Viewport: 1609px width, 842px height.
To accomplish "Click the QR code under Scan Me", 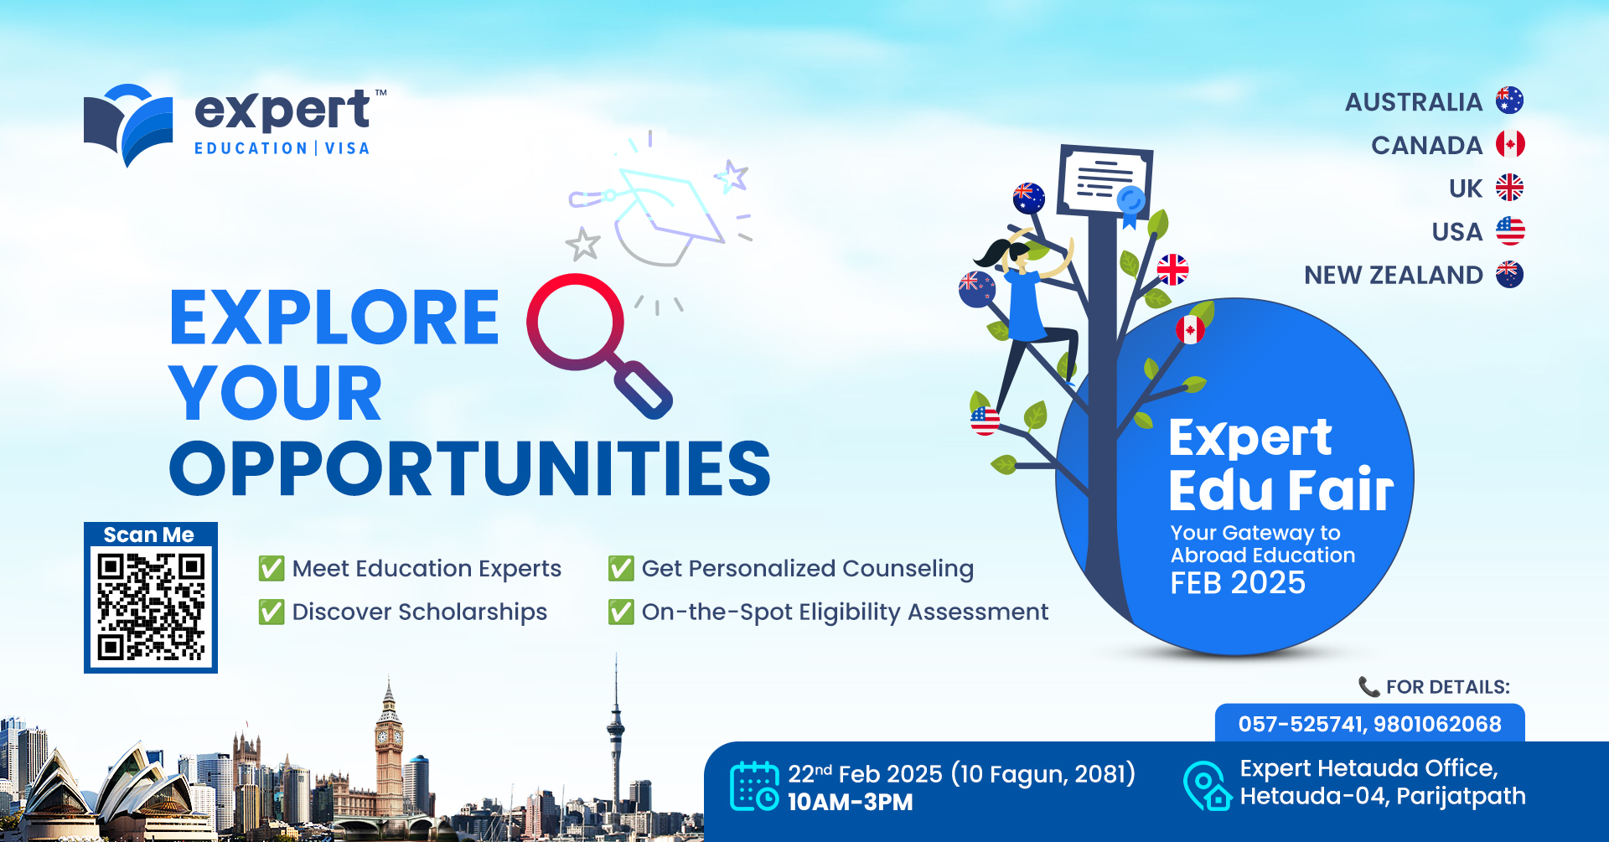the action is tap(151, 607).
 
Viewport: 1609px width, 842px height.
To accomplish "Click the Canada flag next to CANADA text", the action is tap(1510, 144).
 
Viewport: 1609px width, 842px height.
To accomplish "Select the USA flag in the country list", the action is tap(1510, 231).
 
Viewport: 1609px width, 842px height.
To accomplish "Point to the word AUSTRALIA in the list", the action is tap(1414, 102).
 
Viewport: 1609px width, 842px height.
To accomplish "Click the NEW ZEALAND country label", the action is tap(1394, 275).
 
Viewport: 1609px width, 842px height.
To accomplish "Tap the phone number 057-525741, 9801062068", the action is tap(1370, 724).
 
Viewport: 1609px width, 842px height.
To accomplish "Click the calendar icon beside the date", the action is tap(754, 786).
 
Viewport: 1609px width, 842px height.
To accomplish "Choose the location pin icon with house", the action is tap(1207, 786).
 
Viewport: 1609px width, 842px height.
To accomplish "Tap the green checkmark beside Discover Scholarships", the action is tap(272, 612).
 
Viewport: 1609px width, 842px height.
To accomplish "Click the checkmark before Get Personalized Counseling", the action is tap(621, 568).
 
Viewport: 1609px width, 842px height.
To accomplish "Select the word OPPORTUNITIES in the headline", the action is tap(470, 468).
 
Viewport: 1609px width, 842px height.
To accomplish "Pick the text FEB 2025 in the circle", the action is tap(1238, 583).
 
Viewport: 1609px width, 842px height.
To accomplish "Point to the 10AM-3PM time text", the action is tap(851, 802).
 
